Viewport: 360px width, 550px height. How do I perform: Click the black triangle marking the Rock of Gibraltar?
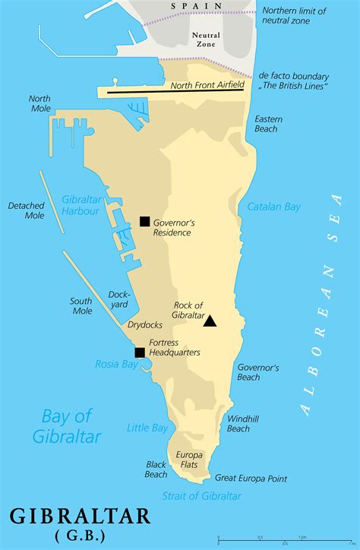(210, 321)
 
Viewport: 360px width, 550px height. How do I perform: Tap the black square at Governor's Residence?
(145, 221)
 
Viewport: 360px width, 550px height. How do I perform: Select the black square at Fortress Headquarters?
(140, 352)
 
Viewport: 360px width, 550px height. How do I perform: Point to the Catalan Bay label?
(274, 207)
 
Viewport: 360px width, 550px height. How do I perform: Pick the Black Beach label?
(156, 469)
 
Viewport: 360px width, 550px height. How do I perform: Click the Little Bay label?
(147, 428)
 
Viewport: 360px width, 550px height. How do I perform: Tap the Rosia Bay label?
(116, 364)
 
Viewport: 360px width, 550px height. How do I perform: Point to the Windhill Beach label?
(238, 423)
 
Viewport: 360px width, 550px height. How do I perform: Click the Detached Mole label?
(26, 210)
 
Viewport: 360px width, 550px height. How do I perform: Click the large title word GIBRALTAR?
(80, 516)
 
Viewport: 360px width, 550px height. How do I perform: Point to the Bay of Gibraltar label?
(67, 425)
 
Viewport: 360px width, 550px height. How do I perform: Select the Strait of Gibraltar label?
(201, 496)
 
